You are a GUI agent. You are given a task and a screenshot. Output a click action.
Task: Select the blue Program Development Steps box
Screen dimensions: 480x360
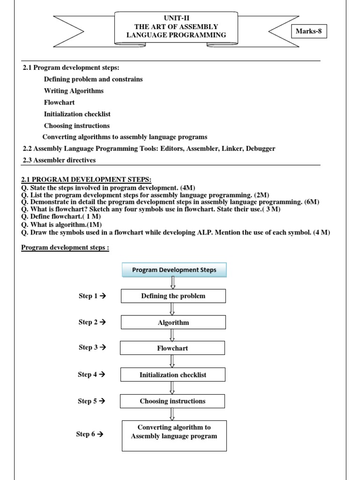(174, 270)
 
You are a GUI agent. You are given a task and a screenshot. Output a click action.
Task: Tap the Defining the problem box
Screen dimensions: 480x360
(173, 296)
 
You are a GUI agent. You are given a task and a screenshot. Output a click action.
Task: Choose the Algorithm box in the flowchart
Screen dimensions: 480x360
(173, 322)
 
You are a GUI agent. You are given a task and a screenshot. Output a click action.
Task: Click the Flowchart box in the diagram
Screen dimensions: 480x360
(172, 348)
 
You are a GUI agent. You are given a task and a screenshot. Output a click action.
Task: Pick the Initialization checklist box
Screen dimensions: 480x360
(172, 375)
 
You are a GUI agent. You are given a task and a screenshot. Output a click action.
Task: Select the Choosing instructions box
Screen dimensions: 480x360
(172, 401)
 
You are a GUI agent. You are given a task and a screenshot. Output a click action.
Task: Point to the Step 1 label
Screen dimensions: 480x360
(92, 296)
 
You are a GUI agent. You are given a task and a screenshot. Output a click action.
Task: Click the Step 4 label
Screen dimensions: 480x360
(91, 374)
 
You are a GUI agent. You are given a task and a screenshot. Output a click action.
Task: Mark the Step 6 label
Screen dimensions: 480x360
(90, 434)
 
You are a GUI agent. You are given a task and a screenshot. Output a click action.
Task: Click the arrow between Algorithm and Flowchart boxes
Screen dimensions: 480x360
(172, 335)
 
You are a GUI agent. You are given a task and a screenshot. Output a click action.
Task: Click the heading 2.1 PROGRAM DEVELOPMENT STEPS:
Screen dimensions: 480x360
(87, 180)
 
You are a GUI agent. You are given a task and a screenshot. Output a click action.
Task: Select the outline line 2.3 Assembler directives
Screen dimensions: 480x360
(59, 160)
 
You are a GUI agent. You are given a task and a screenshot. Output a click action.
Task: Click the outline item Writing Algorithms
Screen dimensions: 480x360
(74, 91)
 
